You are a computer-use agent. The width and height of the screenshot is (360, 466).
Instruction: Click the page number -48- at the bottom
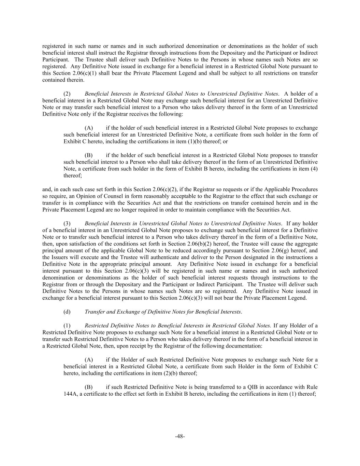180,436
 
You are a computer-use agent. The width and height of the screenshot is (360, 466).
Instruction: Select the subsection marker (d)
67,312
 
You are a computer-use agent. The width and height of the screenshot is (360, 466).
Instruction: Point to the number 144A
70,394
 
